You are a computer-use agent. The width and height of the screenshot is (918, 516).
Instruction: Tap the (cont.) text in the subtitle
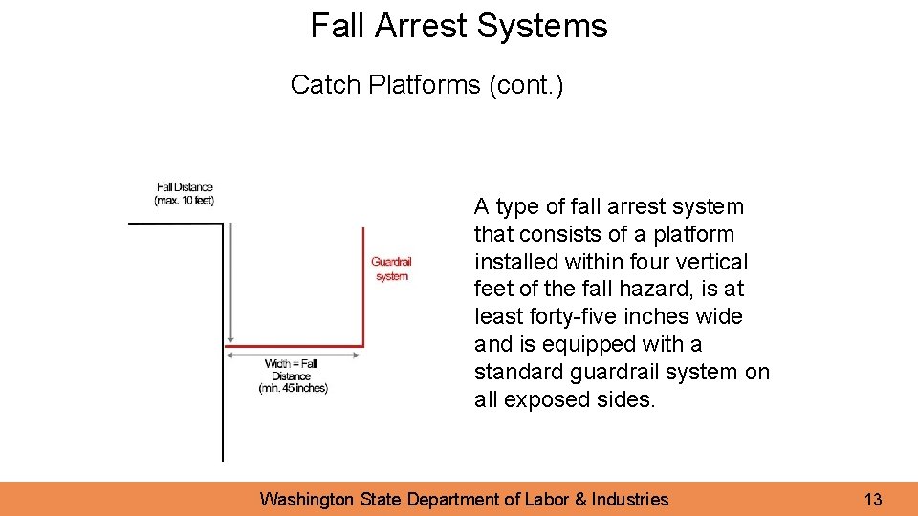click(526, 85)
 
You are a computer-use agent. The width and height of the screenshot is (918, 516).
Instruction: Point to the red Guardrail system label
click(391, 269)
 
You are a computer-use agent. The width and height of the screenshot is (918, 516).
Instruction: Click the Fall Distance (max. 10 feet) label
click(185, 194)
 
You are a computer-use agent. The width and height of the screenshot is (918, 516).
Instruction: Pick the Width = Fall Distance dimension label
click(292, 376)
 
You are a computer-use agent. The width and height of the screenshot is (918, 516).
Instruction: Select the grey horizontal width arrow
click(294, 354)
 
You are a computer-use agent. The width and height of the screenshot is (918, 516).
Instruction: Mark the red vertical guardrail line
click(363, 287)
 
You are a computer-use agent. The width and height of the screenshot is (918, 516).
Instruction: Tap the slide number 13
click(872, 499)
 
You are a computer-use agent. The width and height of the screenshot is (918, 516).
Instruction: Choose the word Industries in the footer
click(630, 499)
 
